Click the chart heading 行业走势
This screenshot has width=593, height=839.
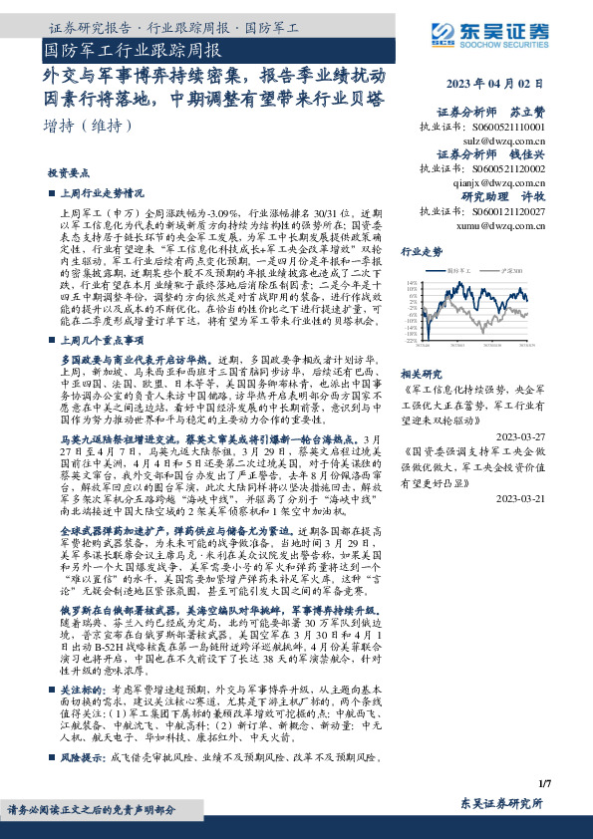point(420,253)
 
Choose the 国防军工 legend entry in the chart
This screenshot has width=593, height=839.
point(459,270)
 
